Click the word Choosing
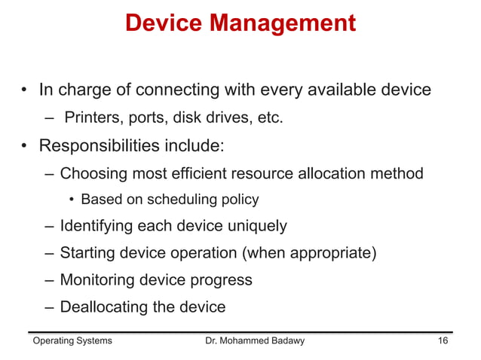click(x=93, y=174)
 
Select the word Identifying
click(x=98, y=225)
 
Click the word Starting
click(x=87, y=252)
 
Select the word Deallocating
click(x=106, y=307)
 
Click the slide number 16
click(x=443, y=341)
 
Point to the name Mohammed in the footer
click(x=249, y=341)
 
